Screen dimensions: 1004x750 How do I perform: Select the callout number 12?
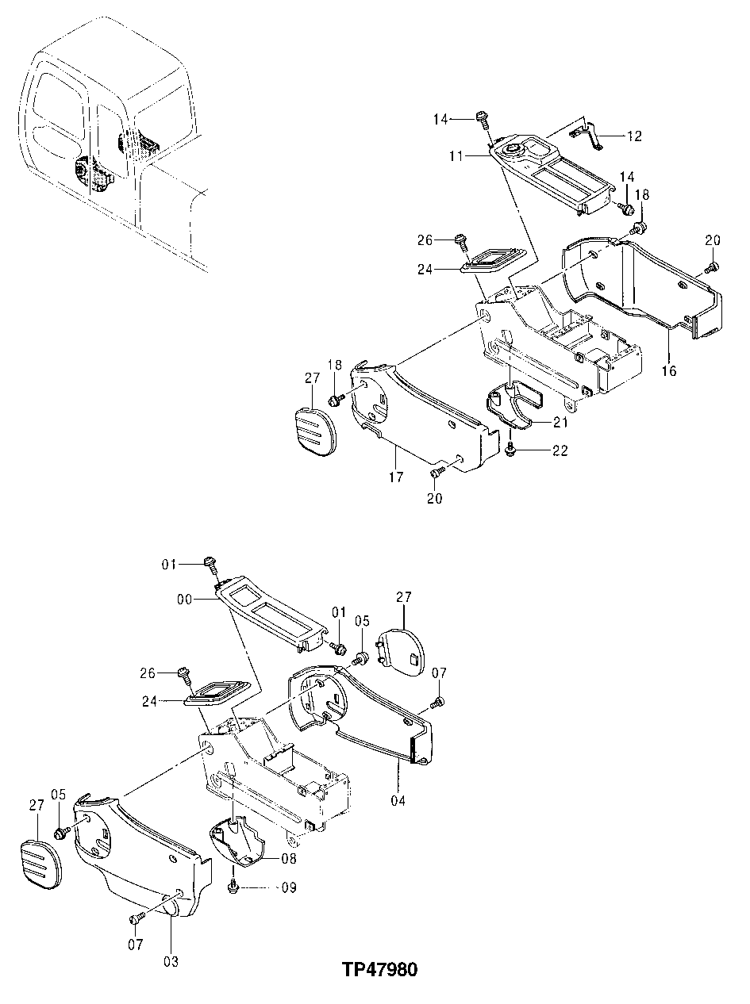[634, 136]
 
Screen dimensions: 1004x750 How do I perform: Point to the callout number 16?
[669, 370]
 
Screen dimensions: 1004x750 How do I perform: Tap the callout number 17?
[396, 477]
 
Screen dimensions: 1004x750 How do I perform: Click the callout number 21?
[561, 421]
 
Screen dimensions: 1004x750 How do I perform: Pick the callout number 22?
[561, 450]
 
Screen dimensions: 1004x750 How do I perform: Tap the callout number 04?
[398, 800]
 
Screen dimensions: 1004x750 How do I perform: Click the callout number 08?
[289, 858]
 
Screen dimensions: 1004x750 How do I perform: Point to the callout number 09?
[288, 887]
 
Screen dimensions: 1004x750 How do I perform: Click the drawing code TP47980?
[380, 970]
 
